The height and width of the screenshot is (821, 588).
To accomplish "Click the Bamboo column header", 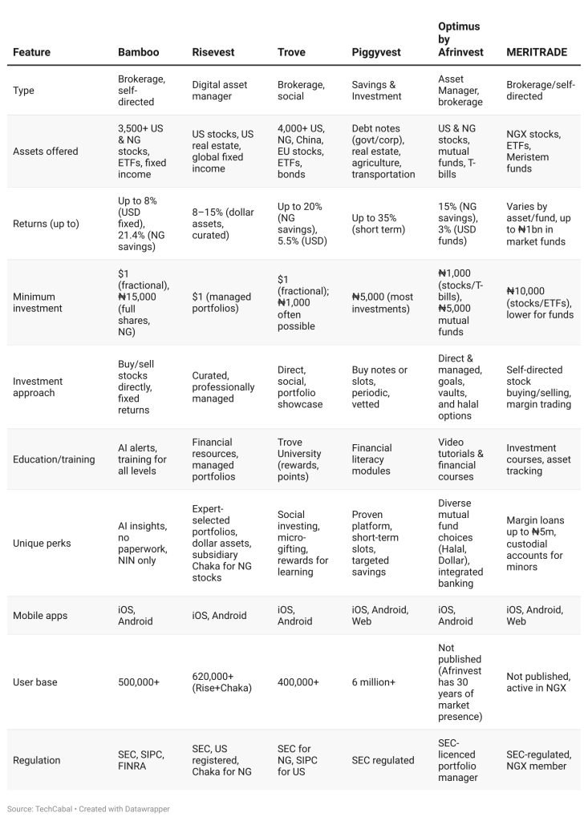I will point(139,52).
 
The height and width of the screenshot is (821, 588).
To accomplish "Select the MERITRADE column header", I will point(537,52).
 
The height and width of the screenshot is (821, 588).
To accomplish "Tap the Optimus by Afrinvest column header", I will point(459,39).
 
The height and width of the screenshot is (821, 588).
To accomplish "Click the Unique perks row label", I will point(42,543).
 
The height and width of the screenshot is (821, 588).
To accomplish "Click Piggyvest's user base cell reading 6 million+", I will point(374,682).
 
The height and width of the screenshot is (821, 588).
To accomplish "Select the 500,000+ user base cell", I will point(139,682).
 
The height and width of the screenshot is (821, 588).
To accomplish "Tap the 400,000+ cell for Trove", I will point(298,682).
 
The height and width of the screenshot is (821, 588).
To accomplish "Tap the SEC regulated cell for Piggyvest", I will point(383,760).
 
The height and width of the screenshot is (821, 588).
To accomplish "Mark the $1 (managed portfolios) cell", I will point(221,302).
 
